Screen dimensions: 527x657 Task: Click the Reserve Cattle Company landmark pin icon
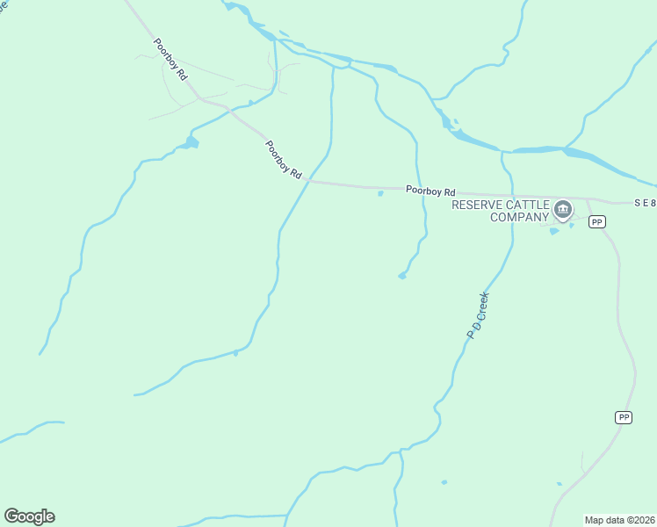tap(562, 210)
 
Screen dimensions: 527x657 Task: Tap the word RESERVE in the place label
tap(477, 205)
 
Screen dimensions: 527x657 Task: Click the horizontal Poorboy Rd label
tap(430, 191)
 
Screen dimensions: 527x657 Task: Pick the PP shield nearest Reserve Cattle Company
tap(597, 222)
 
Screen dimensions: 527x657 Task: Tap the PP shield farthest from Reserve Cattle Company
tap(624, 417)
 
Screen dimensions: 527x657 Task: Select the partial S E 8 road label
tap(645, 203)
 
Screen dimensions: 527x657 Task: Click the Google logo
tap(29, 516)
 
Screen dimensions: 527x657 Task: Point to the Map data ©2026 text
tap(620, 520)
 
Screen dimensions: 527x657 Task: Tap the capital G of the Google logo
tap(12, 516)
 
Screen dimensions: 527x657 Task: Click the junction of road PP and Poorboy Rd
tap(587, 199)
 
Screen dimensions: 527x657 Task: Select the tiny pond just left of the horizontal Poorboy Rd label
tap(379, 194)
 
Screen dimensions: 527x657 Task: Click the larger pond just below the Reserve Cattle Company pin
tap(553, 231)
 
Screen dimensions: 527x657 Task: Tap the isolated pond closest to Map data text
tap(560, 483)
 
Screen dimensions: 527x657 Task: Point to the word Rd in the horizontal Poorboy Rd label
tap(450, 191)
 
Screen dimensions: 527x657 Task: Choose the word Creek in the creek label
tap(482, 306)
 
